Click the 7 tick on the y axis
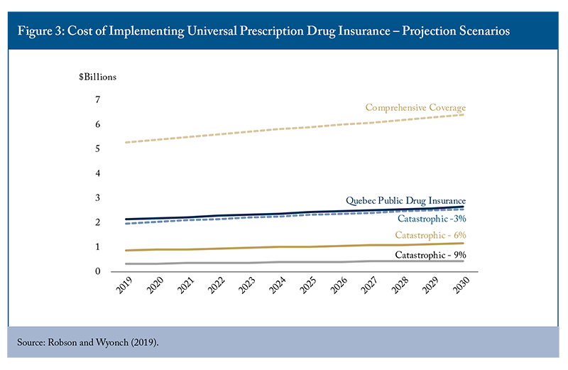(x=97, y=99)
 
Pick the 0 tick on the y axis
(x=97, y=271)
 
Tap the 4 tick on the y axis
(x=97, y=173)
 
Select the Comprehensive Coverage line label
(x=415, y=108)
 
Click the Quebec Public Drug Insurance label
(x=405, y=201)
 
